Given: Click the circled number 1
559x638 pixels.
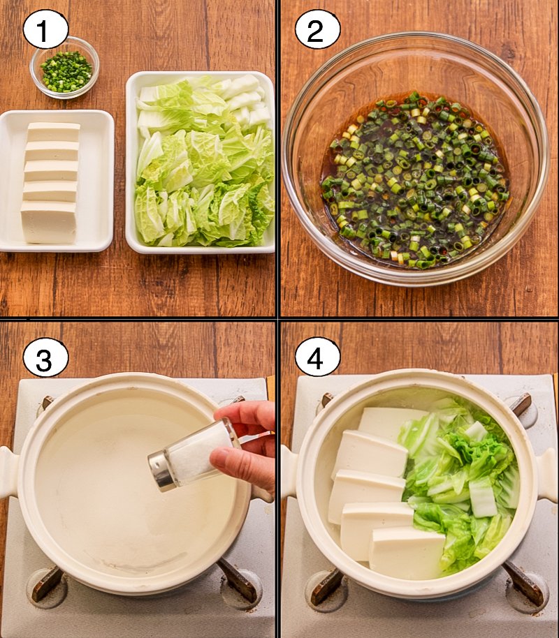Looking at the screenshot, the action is (45, 30).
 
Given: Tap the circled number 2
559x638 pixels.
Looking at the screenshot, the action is (317, 30).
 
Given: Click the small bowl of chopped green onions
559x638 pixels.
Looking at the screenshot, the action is (64, 68).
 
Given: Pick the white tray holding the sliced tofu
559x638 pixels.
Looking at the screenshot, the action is (56, 181).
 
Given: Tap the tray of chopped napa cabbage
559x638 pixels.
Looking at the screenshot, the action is (201, 163).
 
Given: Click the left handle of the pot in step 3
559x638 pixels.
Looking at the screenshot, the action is (9, 472).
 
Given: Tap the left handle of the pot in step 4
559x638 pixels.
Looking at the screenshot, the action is (289, 471).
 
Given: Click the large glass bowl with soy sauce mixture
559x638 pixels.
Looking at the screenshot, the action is (416, 158).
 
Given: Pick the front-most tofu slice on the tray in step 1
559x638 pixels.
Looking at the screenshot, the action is (49, 222).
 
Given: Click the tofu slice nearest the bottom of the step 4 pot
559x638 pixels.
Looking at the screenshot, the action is (407, 552).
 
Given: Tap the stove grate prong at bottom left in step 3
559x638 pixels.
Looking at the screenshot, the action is (48, 584).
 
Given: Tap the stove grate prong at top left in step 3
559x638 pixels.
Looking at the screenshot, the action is (48, 402).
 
